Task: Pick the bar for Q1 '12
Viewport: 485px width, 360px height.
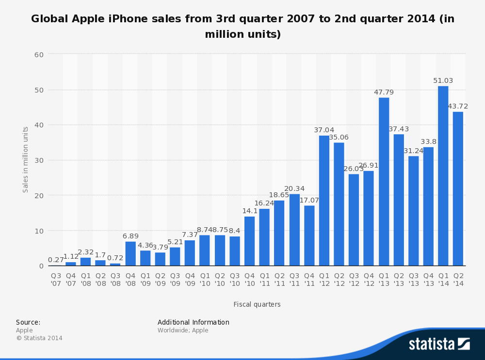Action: pyautogui.click(x=324, y=201)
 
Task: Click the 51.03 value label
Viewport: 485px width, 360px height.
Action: pyautogui.click(x=443, y=80)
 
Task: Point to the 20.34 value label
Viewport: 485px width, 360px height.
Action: pyautogui.click(x=294, y=188)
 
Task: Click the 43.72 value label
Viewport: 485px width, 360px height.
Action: pyautogui.click(x=458, y=106)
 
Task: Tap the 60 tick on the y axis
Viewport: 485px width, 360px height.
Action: pyautogui.click(x=39, y=54)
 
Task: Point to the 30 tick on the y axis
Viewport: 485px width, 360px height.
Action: pyautogui.click(x=39, y=160)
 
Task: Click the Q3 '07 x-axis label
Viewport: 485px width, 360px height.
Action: pyautogui.click(x=56, y=280)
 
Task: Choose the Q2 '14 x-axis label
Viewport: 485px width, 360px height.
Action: pyautogui.click(x=458, y=280)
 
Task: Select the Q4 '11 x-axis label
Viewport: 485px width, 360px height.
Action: pyautogui.click(x=309, y=280)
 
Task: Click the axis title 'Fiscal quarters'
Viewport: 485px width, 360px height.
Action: pyautogui.click(x=257, y=304)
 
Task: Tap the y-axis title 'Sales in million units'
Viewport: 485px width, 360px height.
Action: pyautogui.click(x=26, y=159)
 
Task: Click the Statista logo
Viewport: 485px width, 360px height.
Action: pyautogui.click(x=439, y=344)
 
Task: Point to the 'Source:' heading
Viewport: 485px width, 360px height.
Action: pyautogui.click(x=28, y=322)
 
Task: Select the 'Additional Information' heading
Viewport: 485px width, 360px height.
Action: pyautogui.click(x=194, y=322)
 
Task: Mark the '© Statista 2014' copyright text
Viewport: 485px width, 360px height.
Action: pyautogui.click(x=39, y=338)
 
